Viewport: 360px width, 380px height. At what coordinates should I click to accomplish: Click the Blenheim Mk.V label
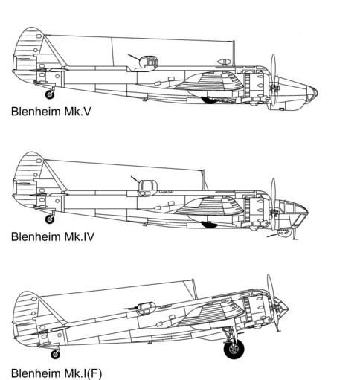pos(51,112)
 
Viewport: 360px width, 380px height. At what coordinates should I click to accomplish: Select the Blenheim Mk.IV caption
pos(53,236)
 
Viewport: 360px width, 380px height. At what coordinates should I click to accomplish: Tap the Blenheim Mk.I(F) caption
pos(57,373)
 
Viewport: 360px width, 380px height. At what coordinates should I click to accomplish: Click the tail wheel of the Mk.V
pos(50,94)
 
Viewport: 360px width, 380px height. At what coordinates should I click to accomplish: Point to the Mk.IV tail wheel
pos(50,219)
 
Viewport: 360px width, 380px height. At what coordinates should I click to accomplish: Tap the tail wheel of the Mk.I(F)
pos(55,355)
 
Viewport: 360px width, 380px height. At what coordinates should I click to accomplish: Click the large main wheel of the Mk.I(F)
pos(234,349)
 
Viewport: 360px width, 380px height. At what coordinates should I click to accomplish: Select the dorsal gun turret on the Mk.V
pos(147,63)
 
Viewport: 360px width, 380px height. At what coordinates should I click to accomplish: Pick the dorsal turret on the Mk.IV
pos(148,187)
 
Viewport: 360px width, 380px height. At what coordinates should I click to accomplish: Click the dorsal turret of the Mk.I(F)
pos(147,308)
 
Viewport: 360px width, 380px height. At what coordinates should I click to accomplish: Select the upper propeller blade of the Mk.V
pos(273,68)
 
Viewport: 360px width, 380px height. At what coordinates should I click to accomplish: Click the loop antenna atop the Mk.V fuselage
pos(224,62)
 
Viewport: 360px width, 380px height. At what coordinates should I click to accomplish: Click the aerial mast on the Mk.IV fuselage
pos(204,180)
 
